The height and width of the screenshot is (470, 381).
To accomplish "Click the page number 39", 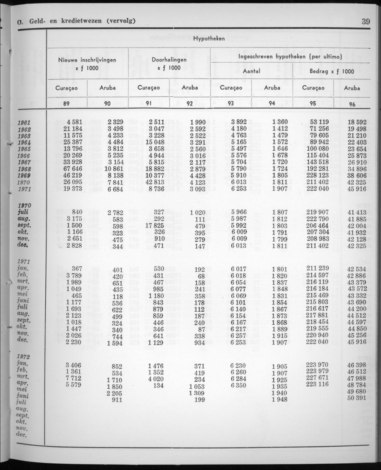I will click(365, 21).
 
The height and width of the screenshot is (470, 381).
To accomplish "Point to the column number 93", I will click(231, 104).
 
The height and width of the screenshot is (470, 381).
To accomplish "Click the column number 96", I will click(352, 104).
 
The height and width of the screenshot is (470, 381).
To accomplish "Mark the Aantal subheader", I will click(251, 72).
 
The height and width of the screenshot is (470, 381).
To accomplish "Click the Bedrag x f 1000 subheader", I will click(332, 72).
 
